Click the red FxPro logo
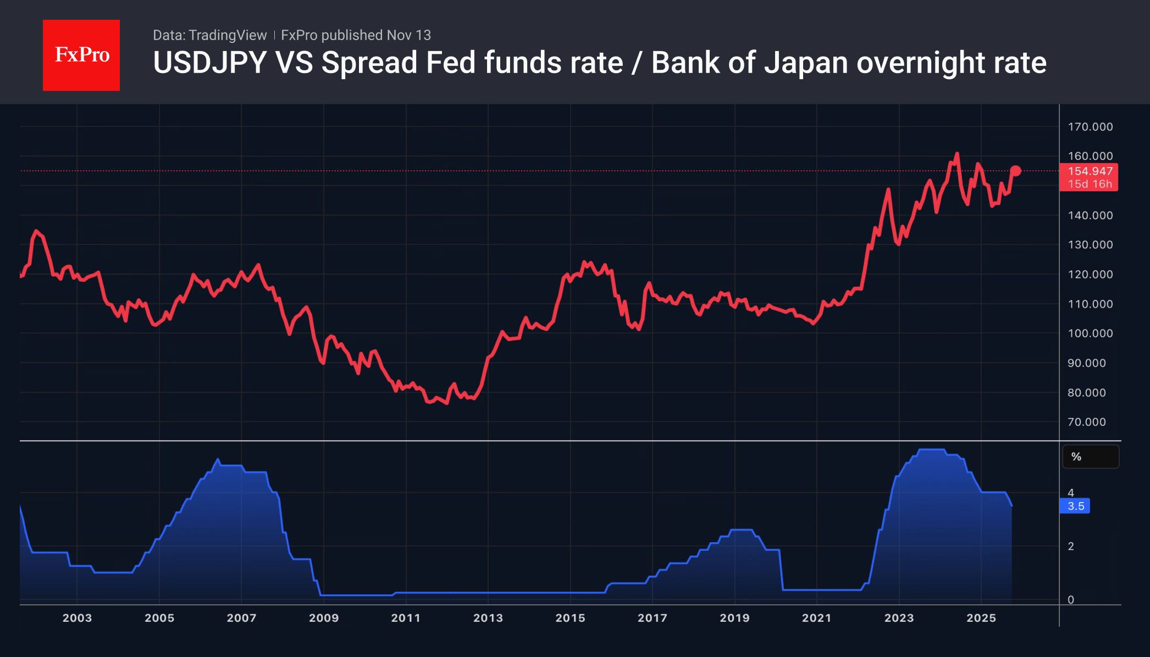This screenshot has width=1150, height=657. pos(81,55)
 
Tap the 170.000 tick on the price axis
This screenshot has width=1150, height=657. pos(1090,127)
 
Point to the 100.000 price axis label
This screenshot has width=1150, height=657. pos(1090,333)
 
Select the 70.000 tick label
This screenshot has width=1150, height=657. pos(1086,422)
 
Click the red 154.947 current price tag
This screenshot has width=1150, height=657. pos(1090,171)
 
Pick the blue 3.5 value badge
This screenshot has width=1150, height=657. pos(1075,506)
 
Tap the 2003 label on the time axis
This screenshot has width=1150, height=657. pos(77,618)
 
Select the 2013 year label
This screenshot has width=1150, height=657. pos(488,618)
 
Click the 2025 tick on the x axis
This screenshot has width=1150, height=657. pos(981,618)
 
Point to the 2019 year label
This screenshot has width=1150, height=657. pos(734,618)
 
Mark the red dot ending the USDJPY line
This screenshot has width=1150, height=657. pos(1015,171)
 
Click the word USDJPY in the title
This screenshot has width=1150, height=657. pos(209,63)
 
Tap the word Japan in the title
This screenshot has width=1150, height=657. pos(806,63)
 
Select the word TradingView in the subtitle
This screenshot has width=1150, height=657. pos(227,35)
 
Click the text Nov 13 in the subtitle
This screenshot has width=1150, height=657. pos(409,35)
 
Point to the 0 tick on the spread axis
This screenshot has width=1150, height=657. pos(1071,600)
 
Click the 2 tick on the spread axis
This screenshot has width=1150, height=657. pos(1071,546)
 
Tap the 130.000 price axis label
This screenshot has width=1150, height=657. pos(1090,245)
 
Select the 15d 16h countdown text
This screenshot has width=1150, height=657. pos(1090,185)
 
